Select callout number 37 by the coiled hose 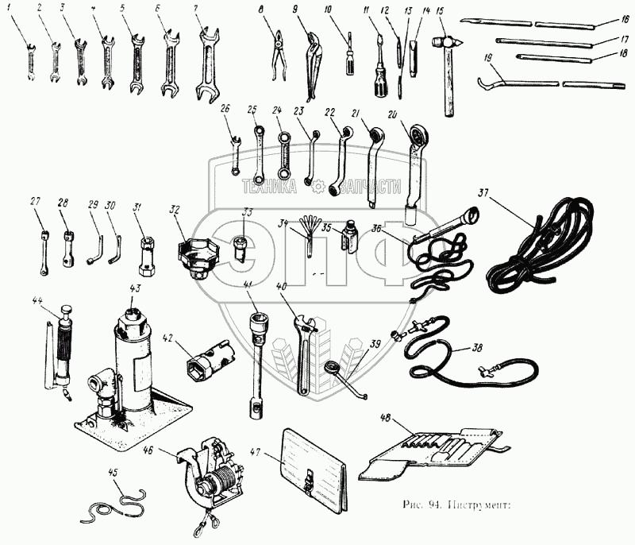(484, 192)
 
